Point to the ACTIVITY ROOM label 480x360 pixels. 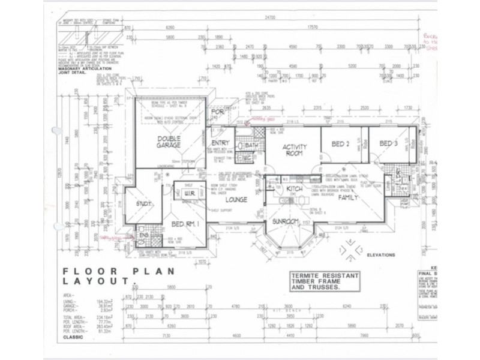pyautogui.click(x=295, y=149)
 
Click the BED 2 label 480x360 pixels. pyautogui.click(x=340, y=144)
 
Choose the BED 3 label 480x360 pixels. pyautogui.click(x=388, y=143)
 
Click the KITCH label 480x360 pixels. pyautogui.click(x=295, y=190)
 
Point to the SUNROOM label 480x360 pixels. pyautogui.click(x=286, y=221)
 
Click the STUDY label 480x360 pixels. pyautogui.click(x=145, y=205)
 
